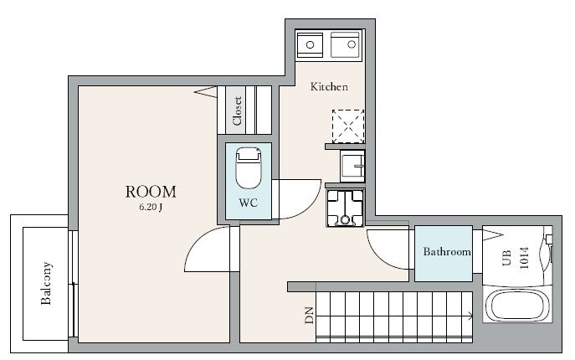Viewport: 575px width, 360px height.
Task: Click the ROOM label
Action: pos(151,192)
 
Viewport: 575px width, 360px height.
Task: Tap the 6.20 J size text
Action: pos(151,207)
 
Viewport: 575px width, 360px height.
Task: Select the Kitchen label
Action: pos(329,86)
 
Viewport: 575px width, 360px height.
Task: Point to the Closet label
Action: pos(237,111)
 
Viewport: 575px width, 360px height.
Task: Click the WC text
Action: pos(249,203)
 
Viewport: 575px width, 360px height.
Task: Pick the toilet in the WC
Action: pos(249,167)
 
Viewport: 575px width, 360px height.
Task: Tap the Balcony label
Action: pos(46,283)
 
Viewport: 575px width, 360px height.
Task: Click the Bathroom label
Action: pos(447,251)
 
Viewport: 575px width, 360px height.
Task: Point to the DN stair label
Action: pos(310,316)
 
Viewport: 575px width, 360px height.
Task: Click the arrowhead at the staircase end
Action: pos(470,315)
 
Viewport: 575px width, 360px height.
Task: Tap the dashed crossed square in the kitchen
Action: pos(348,126)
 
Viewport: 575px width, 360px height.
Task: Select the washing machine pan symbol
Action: pos(345,208)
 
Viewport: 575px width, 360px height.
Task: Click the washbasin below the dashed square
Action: pos(352,166)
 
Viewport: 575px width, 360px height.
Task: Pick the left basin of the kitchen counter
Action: pos(310,44)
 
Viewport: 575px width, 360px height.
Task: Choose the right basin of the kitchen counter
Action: pos(345,44)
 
